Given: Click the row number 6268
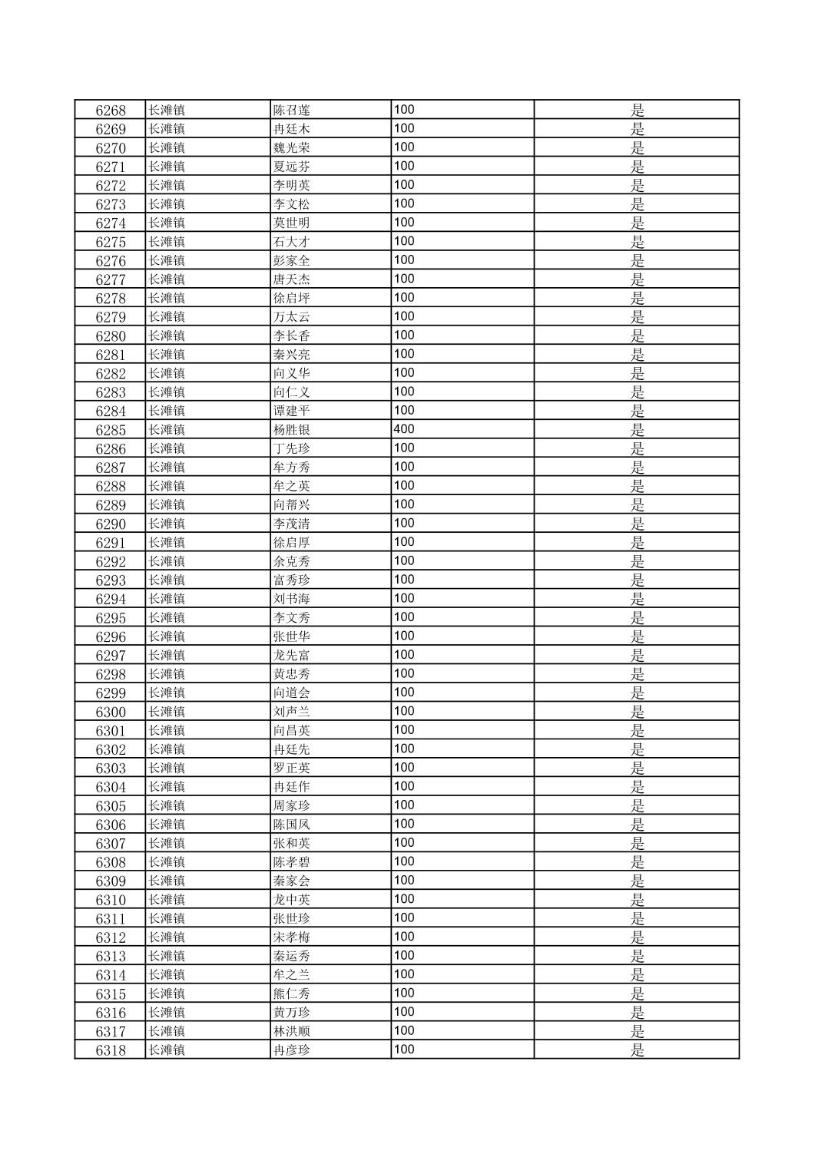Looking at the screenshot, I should click(x=111, y=111).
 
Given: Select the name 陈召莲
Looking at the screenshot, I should click(x=292, y=111).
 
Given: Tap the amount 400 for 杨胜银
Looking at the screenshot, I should click(x=404, y=429).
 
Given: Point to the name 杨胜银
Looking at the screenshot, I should click(x=292, y=430).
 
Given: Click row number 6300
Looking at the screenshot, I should click(x=111, y=712).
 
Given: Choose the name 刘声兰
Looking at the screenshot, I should click(x=292, y=712).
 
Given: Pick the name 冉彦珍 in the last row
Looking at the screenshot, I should click(x=292, y=1050).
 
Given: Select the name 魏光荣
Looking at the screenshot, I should click(x=292, y=148).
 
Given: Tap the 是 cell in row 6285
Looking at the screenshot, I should click(x=638, y=430).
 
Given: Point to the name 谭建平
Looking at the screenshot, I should click(x=292, y=412).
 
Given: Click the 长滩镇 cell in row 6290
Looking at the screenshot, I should click(x=167, y=524).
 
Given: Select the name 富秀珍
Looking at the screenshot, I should click(x=292, y=580).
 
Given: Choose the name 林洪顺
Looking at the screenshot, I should click(x=292, y=1031).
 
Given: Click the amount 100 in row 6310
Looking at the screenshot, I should click(x=404, y=899).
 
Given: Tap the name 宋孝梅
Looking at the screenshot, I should click(x=292, y=937).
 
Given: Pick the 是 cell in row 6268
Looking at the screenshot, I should click(x=638, y=111).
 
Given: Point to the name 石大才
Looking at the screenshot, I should click(x=292, y=242).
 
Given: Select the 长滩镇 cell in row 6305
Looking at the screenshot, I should click(x=167, y=806).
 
